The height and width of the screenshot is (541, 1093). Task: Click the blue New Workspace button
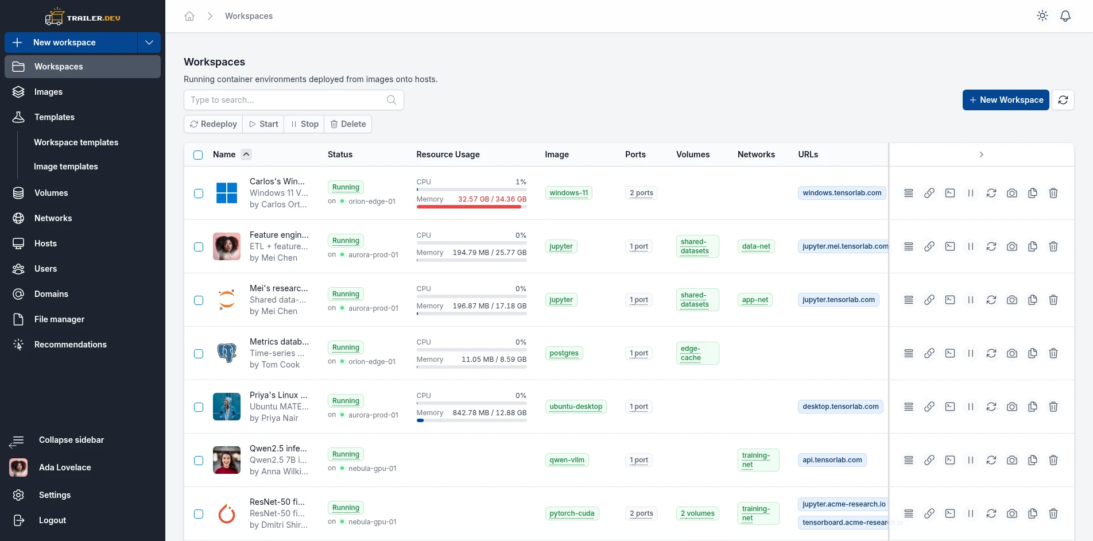[1006, 100]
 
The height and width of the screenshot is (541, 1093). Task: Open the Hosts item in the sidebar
[45, 244]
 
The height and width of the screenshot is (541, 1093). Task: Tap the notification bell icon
[1065, 16]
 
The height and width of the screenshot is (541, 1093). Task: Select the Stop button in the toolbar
[304, 124]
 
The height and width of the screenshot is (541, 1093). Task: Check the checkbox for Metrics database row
[199, 354]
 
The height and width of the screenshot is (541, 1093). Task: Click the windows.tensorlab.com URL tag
[842, 193]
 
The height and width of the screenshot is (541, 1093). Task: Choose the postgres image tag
[564, 353]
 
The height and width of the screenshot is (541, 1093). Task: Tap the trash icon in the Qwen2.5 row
[1053, 460]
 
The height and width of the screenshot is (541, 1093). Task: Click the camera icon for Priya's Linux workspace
[1012, 407]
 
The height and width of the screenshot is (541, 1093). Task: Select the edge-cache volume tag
[697, 353]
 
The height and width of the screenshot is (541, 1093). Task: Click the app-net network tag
[755, 300]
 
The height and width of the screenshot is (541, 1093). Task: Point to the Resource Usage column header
[448, 154]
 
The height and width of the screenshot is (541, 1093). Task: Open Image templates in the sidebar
[66, 167]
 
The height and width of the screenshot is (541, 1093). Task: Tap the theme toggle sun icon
[1042, 16]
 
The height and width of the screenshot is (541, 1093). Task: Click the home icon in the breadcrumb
[189, 16]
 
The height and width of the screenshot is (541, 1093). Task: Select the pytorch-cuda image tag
[572, 513]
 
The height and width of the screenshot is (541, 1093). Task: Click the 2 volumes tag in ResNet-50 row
[697, 513]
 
